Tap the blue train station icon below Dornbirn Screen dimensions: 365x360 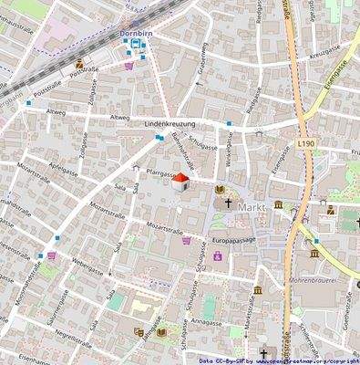click(136, 43)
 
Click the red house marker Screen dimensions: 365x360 click(180, 181)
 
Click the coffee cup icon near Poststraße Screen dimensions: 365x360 click(81, 64)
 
